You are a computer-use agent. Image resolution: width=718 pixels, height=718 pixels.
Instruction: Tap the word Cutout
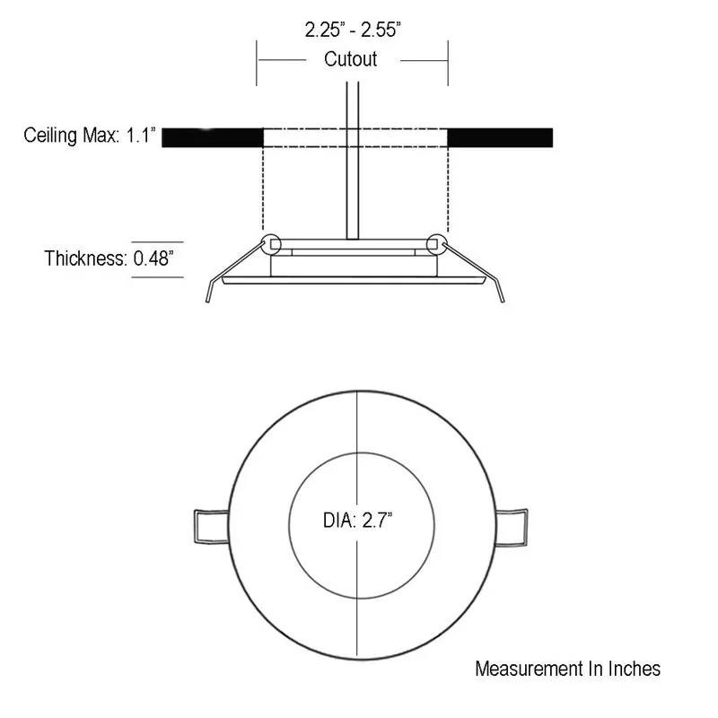tap(350, 60)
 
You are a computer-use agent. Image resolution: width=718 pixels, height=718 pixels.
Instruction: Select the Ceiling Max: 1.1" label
tap(91, 136)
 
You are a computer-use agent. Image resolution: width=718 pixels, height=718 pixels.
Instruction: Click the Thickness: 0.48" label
tap(109, 259)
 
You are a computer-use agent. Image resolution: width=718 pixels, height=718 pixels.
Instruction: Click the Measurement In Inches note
tap(567, 669)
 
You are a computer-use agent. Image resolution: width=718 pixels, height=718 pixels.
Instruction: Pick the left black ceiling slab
tap(212, 137)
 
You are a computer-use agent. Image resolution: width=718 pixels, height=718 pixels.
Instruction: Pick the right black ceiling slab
tap(499, 137)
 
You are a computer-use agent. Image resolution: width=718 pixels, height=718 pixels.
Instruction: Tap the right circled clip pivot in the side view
tap(437, 243)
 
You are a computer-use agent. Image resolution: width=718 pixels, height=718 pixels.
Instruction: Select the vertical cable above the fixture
tap(352, 162)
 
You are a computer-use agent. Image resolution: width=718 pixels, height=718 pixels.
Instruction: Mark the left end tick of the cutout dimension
tap(258, 61)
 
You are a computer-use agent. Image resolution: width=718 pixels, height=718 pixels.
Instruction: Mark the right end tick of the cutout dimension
tap(448, 61)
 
